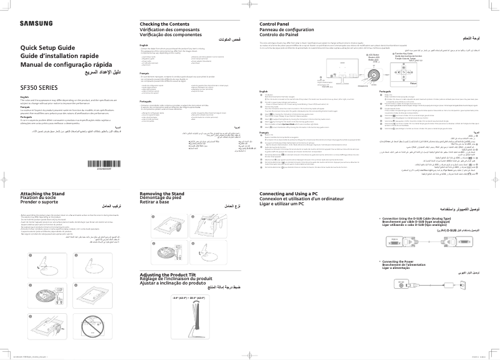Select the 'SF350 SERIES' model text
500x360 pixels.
click(x=39, y=88)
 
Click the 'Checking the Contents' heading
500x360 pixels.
click(x=165, y=24)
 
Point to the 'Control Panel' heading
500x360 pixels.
click(x=274, y=24)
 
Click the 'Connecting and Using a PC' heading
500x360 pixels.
click(x=293, y=194)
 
